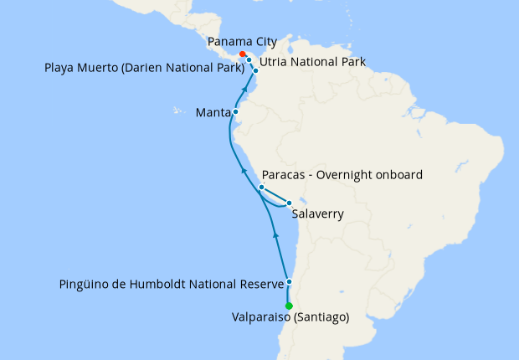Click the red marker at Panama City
(243, 54)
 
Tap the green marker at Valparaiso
(289, 306)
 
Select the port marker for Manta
(236, 111)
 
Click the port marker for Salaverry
(290, 203)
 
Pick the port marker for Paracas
(261, 188)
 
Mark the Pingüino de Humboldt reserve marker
(289, 282)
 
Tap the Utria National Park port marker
(256, 71)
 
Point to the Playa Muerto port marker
(249, 60)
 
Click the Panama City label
(243, 41)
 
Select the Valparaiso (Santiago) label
(290, 317)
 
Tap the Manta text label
(213, 111)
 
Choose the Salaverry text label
(318, 214)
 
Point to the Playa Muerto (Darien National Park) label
(142, 66)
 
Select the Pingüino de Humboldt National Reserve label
(172, 285)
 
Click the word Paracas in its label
(285, 175)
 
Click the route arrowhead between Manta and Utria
(244, 86)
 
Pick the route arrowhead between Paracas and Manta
(244, 170)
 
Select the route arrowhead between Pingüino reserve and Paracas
(276, 236)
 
